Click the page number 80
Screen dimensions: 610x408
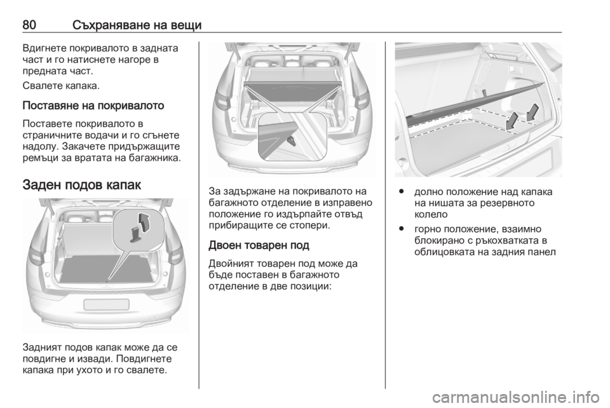click(29, 25)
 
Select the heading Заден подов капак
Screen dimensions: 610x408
click(82, 184)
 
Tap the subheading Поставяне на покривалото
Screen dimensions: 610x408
click(93, 105)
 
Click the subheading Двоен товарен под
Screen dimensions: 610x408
click(259, 245)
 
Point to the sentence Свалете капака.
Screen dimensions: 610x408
click(61, 86)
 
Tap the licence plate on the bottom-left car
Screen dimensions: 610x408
click(106, 304)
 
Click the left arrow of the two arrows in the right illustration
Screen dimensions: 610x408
click(512, 121)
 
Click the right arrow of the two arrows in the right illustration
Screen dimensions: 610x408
click(532, 112)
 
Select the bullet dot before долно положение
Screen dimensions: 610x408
click(400, 192)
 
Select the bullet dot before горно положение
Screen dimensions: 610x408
click(400, 229)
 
